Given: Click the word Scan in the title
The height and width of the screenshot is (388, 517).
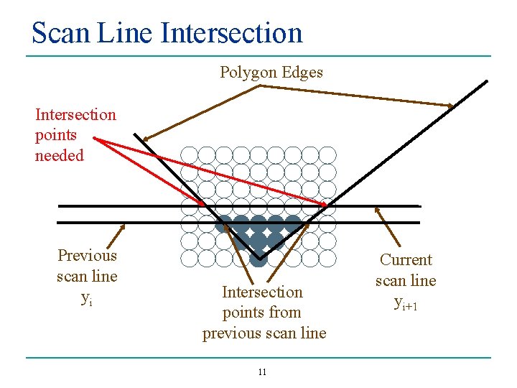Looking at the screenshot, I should [x=60, y=33].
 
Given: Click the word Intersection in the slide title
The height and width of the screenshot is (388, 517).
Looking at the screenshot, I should [x=232, y=33].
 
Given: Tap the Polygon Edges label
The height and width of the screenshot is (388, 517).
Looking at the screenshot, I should [x=271, y=72].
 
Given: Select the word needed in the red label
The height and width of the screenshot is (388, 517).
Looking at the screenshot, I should [x=60, y=155].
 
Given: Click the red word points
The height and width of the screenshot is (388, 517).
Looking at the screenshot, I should [x=56, y=134].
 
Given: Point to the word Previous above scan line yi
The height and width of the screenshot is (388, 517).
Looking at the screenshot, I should [x=87, y=256].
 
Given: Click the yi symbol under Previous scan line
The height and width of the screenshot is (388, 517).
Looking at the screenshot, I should [x=87, y=297].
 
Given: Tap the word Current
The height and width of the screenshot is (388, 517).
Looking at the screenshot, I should [x=406, y=260].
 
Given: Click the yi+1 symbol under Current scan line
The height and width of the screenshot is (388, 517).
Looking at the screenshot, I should [x=406, y=302].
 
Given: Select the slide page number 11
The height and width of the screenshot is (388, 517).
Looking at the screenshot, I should [x=262, y=372].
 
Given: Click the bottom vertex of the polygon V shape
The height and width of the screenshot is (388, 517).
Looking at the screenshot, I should [x=259, y=257].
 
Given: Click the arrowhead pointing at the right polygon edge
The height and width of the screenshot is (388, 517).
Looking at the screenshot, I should [x=452, y=106].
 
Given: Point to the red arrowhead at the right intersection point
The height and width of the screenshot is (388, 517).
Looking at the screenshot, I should [x=329, y=206].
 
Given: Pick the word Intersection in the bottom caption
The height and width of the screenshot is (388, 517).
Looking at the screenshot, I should [x=262, y=292].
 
